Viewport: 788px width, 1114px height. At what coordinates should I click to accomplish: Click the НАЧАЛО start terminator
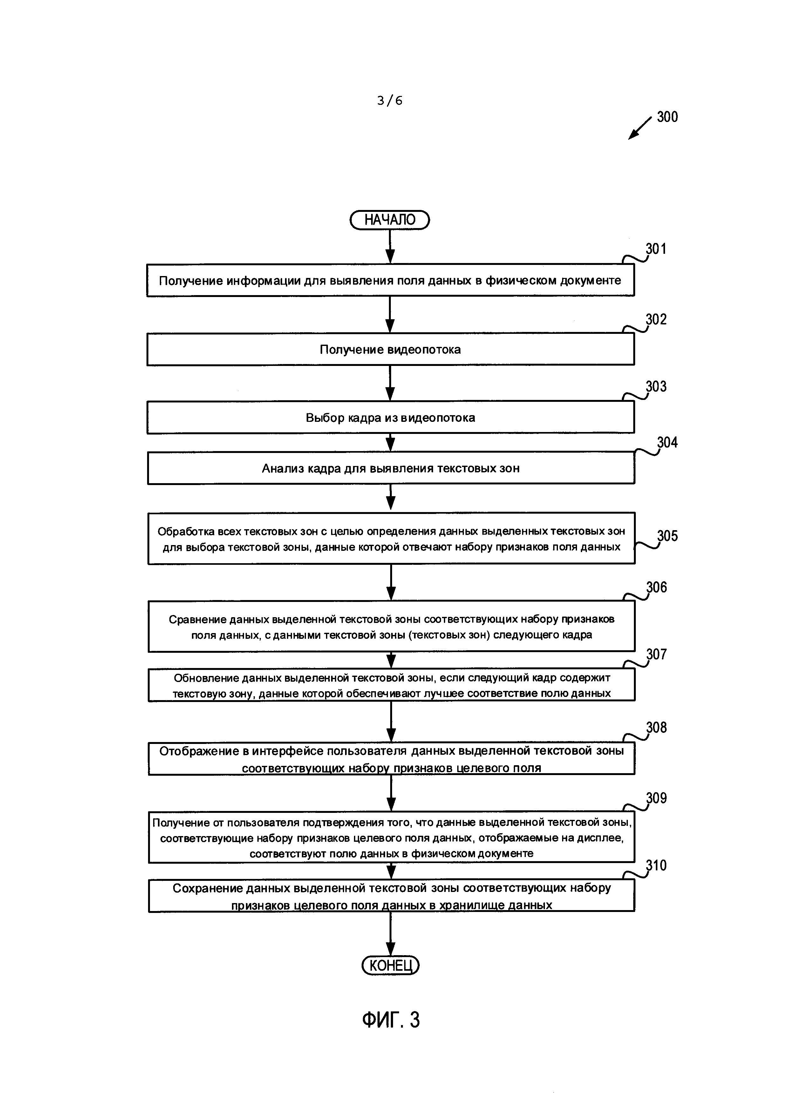click(x=390, y=220)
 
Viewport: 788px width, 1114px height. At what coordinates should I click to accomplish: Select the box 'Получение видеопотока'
click(x=391, y=349)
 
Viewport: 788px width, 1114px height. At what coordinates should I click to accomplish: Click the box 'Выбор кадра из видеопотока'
click(x=391, y=418)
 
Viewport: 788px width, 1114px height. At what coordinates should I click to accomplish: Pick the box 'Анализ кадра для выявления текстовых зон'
click(x=391, y=468)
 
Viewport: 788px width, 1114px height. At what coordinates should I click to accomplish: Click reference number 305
click(x=667, y=536)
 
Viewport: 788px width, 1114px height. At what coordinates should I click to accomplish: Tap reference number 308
click(x=656, y=727)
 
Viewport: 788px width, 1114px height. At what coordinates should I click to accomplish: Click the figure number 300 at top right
click(x=667, y=117)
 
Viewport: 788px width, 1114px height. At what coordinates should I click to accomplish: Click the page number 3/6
click(x=390, y=100)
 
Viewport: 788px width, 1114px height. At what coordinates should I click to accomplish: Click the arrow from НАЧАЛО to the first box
click(x=390, y=247)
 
